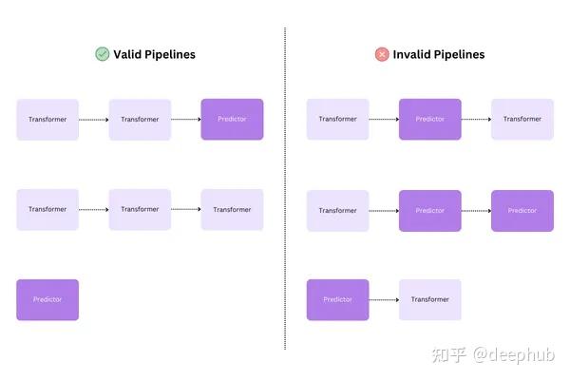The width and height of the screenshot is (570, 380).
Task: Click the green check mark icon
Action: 102,54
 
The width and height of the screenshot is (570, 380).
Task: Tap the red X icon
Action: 382,54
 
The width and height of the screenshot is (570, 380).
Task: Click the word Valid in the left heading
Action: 128,54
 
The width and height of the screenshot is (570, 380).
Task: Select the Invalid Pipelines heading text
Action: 439,54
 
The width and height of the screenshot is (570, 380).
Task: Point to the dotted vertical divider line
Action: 285,190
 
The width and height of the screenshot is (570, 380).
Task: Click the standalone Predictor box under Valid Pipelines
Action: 47,299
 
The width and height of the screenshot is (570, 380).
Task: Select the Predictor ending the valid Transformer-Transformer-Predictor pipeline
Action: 232,120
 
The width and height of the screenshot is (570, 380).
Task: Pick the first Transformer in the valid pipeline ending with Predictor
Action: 47,120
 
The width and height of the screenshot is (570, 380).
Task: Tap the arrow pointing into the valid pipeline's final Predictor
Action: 186,120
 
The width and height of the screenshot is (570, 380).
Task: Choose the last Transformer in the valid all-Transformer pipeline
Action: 232,209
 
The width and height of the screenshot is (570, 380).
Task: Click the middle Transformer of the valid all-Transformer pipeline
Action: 140,209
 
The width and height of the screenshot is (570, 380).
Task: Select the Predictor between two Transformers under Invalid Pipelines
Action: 429,120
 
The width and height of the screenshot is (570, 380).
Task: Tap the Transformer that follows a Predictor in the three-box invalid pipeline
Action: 522,120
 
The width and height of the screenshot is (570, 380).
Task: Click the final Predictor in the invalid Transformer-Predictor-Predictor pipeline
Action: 522,210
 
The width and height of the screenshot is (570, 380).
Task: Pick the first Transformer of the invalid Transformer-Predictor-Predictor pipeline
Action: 337,210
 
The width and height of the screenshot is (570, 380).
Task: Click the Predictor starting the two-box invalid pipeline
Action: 337,299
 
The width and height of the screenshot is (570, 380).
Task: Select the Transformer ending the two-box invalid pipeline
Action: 429,299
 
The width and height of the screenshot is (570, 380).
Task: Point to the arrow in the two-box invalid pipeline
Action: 384,299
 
